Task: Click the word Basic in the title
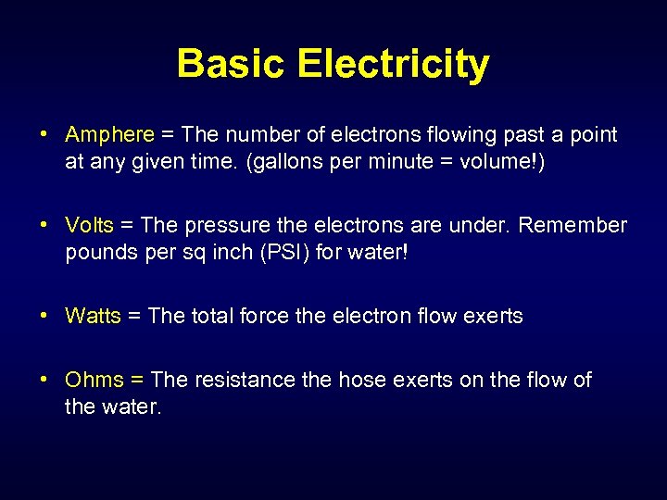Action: (233, 64)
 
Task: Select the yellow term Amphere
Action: (109, 135)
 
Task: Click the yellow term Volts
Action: (89, 226)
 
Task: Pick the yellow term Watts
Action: (93, 317)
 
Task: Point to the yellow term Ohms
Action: (94, 380)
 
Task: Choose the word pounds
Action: (96, 252)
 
